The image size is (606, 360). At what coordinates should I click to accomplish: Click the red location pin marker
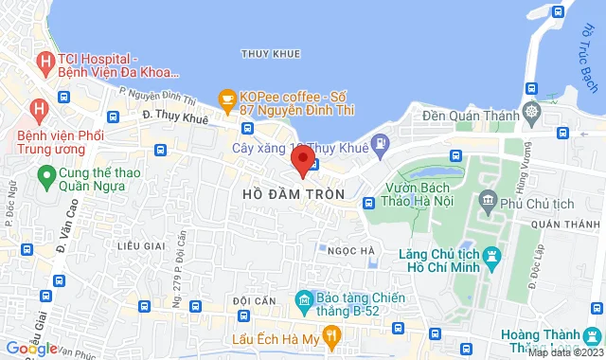click(x=302, y=160)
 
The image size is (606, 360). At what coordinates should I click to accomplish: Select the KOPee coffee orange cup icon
click(x=226, y=98)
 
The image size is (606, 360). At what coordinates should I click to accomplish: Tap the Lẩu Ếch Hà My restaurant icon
click(x=330, y=335)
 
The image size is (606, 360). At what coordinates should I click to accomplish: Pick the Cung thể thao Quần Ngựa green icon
click(x=45, y=175)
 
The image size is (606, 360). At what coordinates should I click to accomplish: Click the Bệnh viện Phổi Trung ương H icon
click(x=38, y=109)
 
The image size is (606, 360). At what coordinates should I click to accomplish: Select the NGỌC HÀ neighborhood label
click(x=350, y=250)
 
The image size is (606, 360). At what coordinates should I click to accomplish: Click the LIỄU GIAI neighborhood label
click(x=141, y=246)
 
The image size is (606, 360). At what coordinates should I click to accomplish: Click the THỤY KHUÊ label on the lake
click(x=271, y=54)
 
